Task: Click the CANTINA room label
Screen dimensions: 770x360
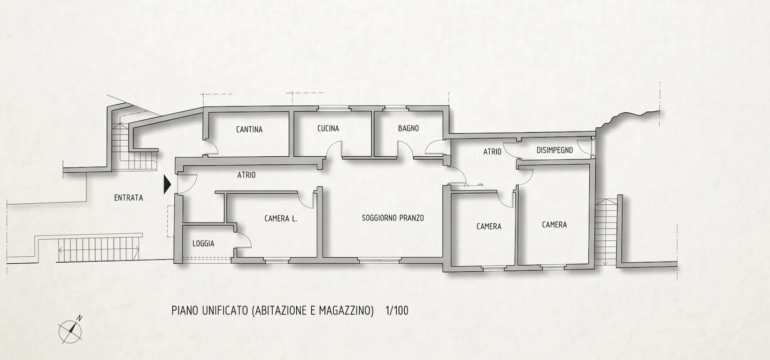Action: coord(249,129)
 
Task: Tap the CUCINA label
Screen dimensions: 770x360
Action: coord(328,128)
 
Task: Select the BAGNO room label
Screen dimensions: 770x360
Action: coord(409,128)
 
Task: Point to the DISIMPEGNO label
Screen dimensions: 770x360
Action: coord(555,150)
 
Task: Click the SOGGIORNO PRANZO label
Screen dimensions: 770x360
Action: coord(392,218)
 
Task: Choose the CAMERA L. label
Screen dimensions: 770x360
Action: coord(281,219)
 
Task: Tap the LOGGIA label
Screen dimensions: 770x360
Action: coord(203,244)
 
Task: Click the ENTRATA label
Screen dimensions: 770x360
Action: coord(128,198)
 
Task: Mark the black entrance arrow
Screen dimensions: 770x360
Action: coord(167,185)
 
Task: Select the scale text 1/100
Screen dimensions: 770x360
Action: coord(397,311)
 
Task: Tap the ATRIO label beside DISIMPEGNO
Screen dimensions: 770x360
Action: coord(492,151)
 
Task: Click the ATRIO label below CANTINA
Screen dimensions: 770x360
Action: coord(247,175)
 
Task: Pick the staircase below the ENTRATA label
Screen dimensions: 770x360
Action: coord(99,249)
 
